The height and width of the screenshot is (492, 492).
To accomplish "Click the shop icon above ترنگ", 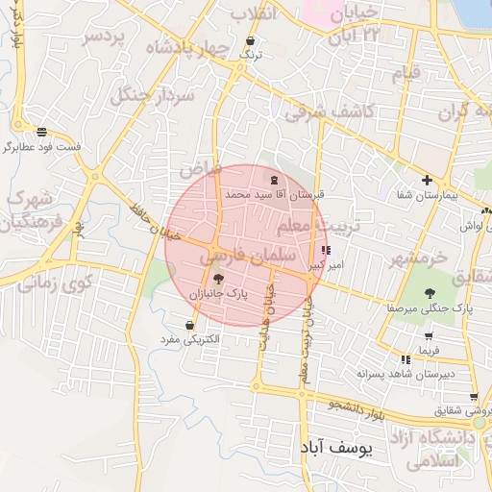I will (251, 41).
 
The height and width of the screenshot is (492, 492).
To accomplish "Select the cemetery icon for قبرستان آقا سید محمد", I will (275, 180).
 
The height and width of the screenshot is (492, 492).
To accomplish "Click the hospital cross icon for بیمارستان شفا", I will (427, 180).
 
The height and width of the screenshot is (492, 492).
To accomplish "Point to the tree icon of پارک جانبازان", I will (217, 280).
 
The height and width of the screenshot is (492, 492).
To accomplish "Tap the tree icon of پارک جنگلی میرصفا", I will (430, 294).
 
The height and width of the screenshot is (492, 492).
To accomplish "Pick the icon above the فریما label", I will (427, 337).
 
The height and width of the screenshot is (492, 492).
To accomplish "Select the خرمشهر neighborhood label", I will (419, 258).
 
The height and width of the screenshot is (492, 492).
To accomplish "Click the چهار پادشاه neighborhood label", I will (187, 47).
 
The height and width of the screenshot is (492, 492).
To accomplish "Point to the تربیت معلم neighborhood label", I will (317, 227).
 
